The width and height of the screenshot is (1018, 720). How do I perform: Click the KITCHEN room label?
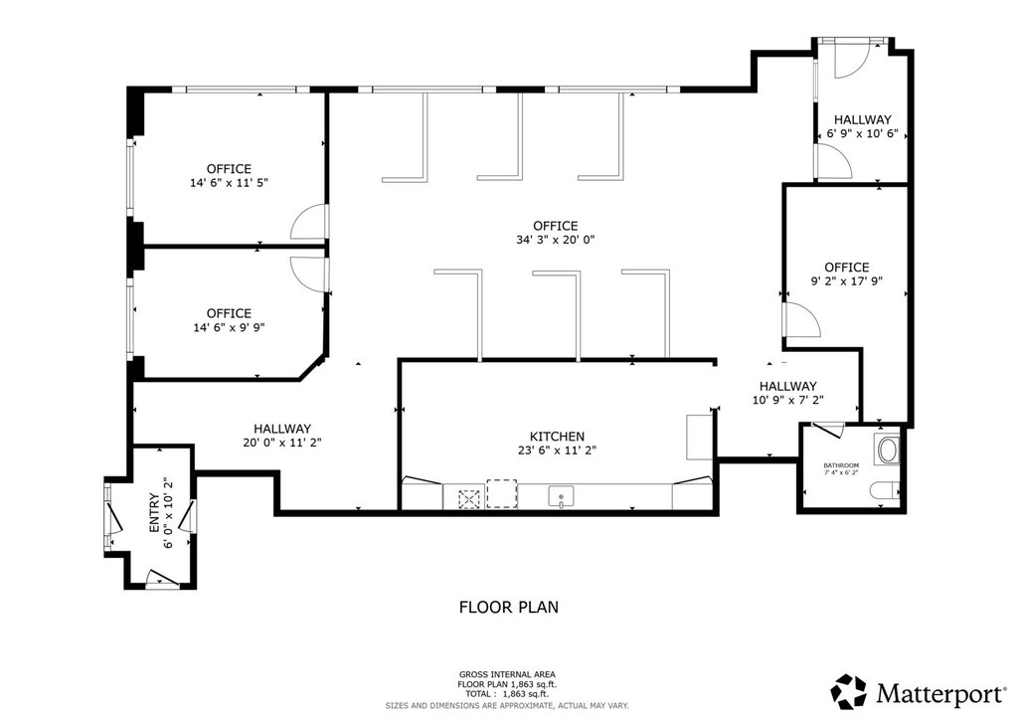(x=557, y=437)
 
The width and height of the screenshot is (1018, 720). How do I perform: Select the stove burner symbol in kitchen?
(x=468, y=498)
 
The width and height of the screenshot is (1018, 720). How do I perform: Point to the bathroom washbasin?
(x=887, y=450)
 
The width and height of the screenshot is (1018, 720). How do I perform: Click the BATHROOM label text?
(x=841, y=465)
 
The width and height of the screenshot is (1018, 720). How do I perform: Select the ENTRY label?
(x=154, y=513)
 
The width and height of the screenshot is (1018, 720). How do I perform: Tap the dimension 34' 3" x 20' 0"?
(x=555, y=240)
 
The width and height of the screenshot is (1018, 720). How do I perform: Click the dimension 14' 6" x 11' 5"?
(x=229, y=183)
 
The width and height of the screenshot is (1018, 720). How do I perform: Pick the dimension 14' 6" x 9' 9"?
(x=229, y=327)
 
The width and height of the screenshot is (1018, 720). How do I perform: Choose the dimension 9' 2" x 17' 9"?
(x=847, y=281)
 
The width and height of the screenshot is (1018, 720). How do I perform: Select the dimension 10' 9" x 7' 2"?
(x=787, y=400)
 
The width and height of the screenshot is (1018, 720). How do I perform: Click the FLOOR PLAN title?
(x=508, y=607)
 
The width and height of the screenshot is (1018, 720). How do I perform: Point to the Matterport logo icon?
(x=849, y=691)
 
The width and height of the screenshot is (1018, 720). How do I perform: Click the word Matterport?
(x=938, y=693)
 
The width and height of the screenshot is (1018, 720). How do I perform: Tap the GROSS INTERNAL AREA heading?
(x=507, y=674)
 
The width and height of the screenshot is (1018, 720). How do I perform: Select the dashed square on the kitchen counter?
(x=502, y=493)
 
